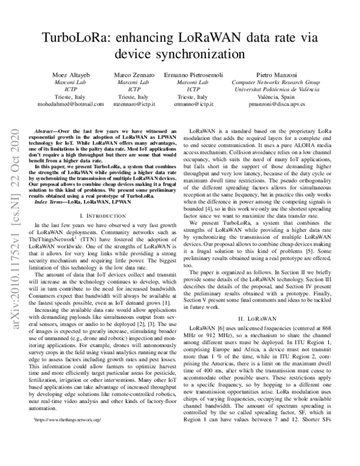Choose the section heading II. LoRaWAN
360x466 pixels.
point(256,318)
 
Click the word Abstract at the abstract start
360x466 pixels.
point(47,130)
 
